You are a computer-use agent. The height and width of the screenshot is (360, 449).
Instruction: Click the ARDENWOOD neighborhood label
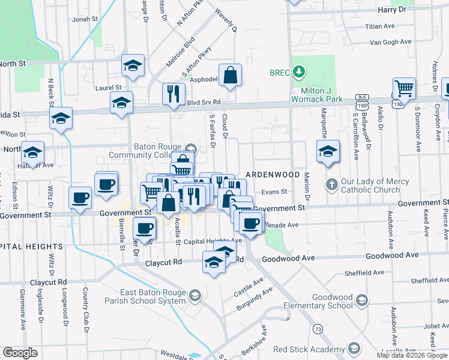pyautogui.click(x=271, y=174)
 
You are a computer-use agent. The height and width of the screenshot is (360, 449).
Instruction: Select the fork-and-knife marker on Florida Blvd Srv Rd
pyautogui.click(x=173, y=94)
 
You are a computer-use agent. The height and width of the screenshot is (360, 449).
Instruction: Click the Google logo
pyautogui.click(x=20, y=353)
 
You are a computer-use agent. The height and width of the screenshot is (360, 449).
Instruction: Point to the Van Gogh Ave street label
pyautogui.click(x=390, y=42)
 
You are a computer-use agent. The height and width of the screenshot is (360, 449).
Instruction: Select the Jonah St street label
pyautogui.click(x=85, y=19)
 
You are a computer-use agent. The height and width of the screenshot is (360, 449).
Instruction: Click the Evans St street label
pyautogui.click(x=274, y=193)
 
